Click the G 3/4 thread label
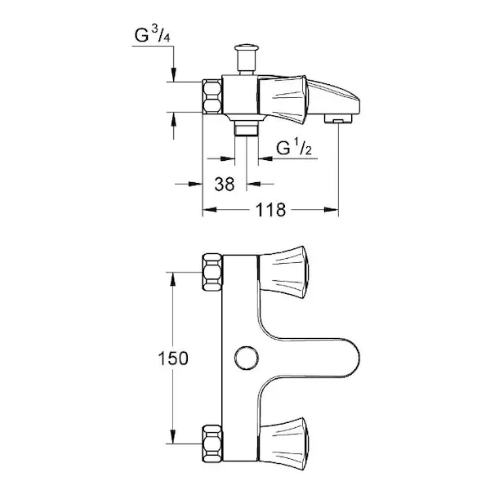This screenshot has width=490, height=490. click(152, 34)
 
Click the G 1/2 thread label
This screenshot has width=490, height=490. click(294, 147)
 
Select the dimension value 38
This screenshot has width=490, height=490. click(225, 184)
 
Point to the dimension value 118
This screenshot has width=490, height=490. click(270, 210)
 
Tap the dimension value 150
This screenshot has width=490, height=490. click(173, 359)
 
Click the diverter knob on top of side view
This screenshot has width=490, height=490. click(247, 59)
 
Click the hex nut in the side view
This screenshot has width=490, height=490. click(212, 97)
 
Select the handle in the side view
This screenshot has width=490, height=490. click(283, 100)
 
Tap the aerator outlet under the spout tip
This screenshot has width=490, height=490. click(338, 118)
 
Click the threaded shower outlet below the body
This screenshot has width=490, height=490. click(247, 128)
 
